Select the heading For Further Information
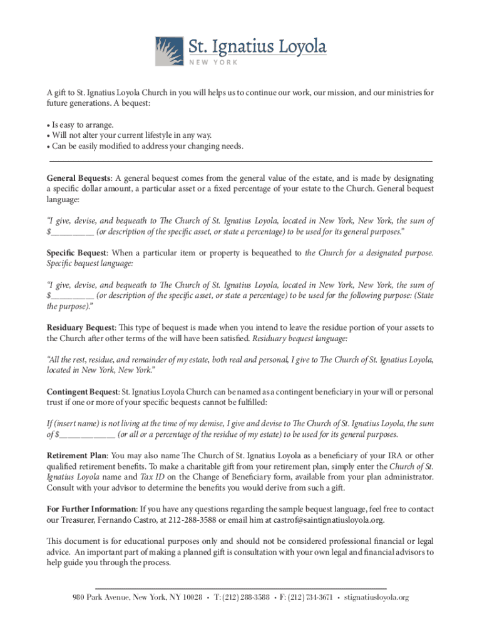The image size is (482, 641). [x=92, y=509]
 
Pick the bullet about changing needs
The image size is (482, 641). [x=147, y=146]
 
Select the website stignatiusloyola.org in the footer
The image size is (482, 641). [x=376, y=598]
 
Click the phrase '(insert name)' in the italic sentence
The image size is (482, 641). [x=79, y=424]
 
